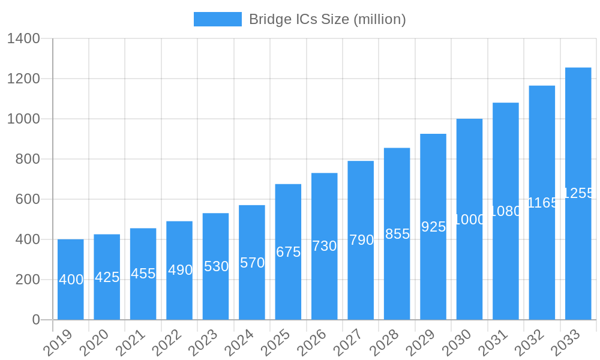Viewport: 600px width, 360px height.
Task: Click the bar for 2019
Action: [71, 280]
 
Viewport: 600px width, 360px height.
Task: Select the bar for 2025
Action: [288, 252]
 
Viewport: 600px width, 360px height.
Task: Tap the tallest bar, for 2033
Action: [578, 193]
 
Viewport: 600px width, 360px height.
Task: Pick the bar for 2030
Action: [469, 219]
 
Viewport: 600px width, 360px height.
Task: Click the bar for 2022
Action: [179, 270]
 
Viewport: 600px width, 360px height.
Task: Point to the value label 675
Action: [288, 252]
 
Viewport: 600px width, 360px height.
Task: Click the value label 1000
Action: [469, 220]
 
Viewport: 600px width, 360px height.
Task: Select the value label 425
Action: [107, 277]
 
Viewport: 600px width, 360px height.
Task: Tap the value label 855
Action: [397, 234]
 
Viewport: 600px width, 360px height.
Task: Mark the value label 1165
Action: [542, 203]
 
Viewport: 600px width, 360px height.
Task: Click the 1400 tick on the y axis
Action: [23, 39]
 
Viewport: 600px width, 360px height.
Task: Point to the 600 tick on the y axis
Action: [28, 199]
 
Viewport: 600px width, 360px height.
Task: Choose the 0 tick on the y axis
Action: [36, 320]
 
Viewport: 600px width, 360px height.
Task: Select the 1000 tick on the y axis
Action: [23, 119]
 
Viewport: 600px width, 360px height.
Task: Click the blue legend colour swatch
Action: [217, 19]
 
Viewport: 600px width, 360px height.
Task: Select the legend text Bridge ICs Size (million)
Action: [327, 19]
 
